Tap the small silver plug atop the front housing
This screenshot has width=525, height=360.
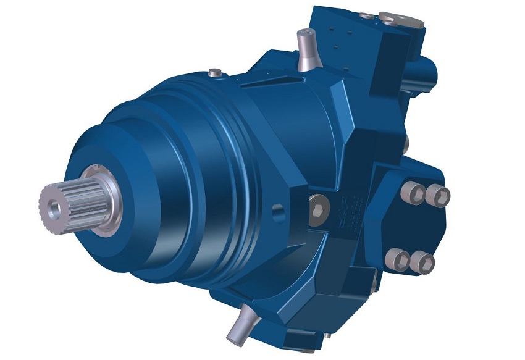point(216,73)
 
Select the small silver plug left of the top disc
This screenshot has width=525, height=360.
point(368,14)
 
